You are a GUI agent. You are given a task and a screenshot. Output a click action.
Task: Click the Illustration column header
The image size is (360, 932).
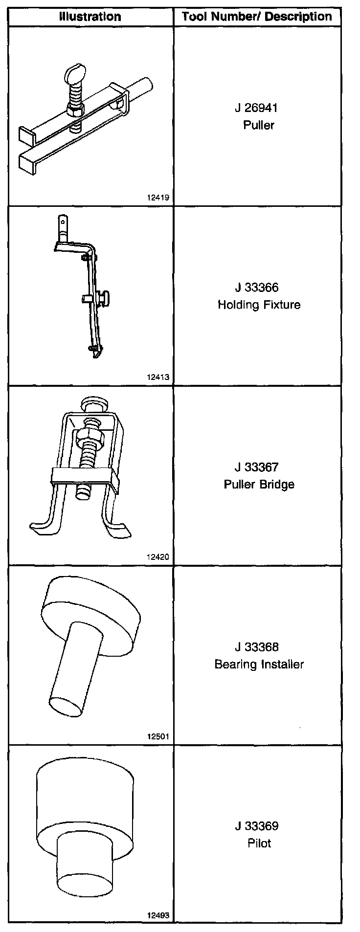(90, 17)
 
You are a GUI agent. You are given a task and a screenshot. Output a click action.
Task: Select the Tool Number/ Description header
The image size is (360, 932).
(257, 17)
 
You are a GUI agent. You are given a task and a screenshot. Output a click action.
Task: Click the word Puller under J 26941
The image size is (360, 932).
(259, 125)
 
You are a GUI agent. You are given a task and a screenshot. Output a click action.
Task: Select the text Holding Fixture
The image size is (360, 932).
(259, 305)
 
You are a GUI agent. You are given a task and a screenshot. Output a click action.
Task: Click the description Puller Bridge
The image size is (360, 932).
(259, 485)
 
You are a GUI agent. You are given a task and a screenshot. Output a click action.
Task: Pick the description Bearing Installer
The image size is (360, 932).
(259, 665)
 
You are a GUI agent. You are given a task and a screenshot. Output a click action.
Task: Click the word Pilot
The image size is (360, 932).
(259, 843)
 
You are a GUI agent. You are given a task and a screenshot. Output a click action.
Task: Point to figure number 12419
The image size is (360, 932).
(157, 198)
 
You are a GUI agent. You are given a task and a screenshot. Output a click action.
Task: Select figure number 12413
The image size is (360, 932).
(157, 377)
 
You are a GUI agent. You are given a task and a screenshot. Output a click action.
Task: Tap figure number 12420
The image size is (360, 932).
(157, 556)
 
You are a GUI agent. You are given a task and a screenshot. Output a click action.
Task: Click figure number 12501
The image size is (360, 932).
(157, 736)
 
